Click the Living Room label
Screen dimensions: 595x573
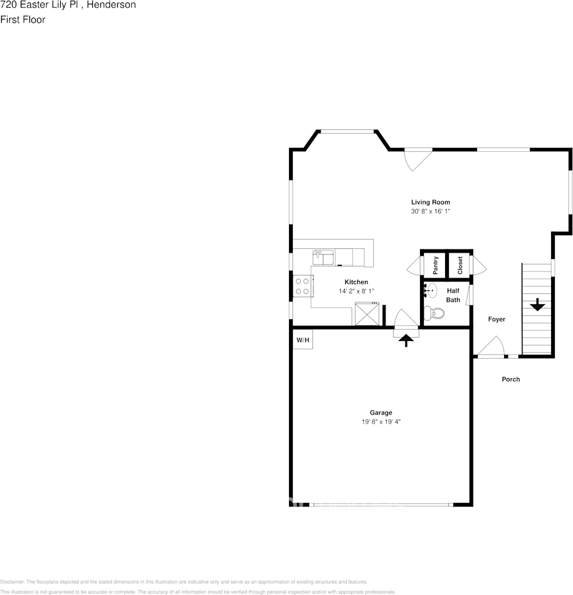click(x=430, y=202)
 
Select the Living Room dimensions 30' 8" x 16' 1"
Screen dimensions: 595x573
click(x=430, y=212)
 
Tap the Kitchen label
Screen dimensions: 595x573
click(x=356, y=282)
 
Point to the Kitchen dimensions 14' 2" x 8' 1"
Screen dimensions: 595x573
click(x=356, y=292)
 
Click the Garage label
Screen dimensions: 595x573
click(x=381, y=413)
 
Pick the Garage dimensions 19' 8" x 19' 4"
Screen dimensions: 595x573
click(x=381, y=422)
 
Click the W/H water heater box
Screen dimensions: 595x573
click(x=303, y=340)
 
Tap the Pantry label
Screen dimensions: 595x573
click(x=436, y=265)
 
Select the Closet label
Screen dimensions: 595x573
click(x=460, y=265)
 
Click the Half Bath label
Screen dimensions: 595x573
click(x=453, y=295)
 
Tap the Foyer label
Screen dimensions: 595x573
click(x=497, y=319)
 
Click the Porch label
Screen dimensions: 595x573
click(x=510, y=379)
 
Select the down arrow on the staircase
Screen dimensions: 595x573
click(x=537, y=305)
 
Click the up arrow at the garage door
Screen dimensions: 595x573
click(x=406, y=340)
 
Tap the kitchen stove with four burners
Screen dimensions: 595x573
click(x=302, y=286)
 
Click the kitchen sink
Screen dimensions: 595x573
click(x=323, y=256)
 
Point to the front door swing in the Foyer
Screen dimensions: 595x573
click(x=492, y=347)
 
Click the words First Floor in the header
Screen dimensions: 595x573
click(x=23, y=19)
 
